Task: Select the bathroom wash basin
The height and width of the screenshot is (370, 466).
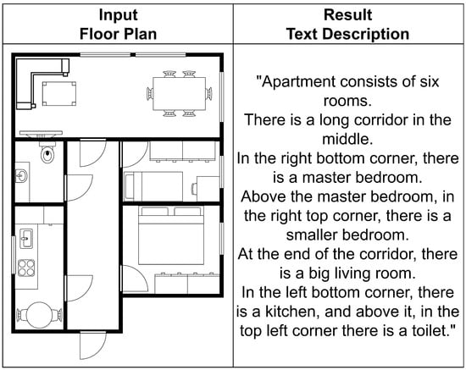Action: [21, 176]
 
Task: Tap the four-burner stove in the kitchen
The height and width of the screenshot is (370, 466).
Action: [26, 268]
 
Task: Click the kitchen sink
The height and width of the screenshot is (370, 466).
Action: [26, 239]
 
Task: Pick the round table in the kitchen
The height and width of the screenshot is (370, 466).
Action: [39, 315]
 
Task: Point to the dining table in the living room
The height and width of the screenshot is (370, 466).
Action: [180, 93]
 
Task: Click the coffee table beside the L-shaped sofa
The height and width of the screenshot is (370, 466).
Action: [59, 93]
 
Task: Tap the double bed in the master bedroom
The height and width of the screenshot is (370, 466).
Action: [171, 235]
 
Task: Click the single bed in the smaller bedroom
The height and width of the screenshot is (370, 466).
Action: [153, 186]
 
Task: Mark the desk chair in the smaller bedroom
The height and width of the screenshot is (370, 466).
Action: [194, 189]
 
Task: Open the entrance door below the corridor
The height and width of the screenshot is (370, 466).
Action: [92, 345]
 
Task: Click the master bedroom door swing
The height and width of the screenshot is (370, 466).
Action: [135, 279]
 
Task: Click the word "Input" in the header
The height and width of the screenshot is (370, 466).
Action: [119, 15]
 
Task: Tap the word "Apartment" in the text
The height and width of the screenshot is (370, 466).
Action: [299, 81]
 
